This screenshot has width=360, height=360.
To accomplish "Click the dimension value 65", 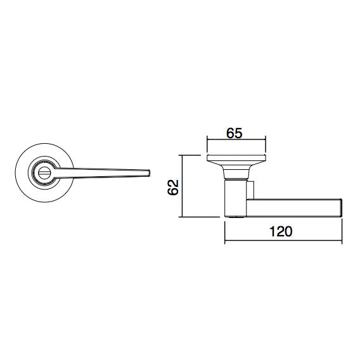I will [x=235, y=134].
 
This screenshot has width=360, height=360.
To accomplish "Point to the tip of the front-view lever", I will [x=148, y=172].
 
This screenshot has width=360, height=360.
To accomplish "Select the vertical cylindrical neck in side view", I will [x=235, y=197].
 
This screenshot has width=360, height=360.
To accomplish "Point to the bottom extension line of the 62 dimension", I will [x=200, y=218].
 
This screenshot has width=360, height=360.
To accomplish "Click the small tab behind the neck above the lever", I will [x=252, y=190].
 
